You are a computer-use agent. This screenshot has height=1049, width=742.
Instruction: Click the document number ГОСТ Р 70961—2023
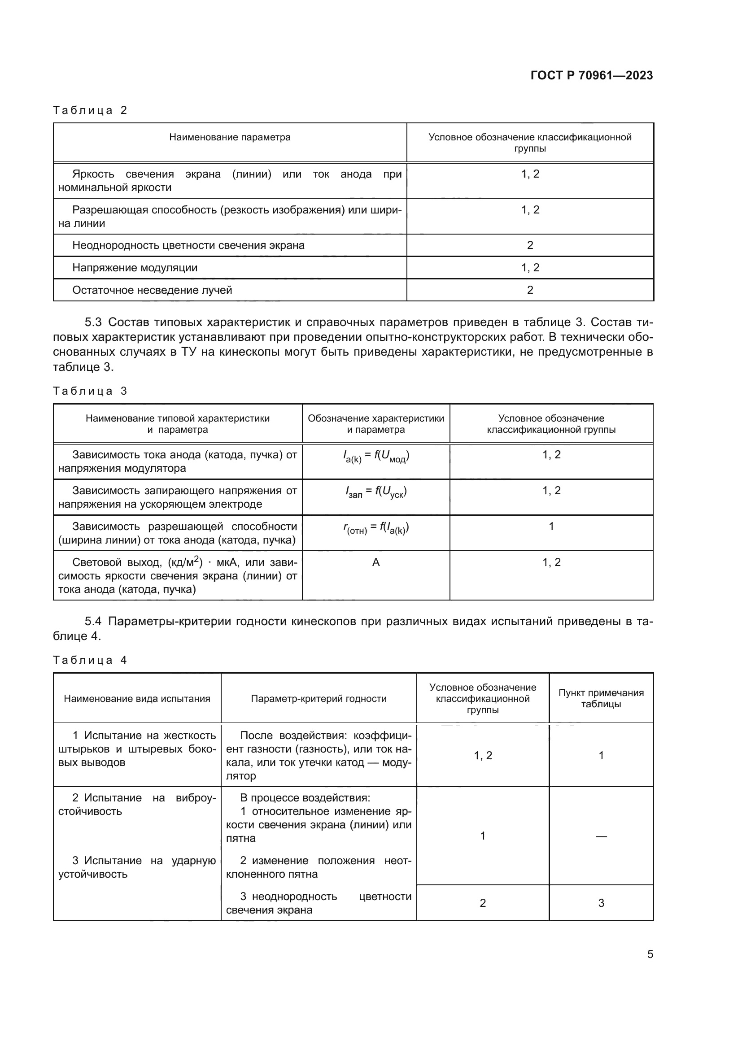point(591,75)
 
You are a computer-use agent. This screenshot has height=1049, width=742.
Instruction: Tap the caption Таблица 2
point(90,110)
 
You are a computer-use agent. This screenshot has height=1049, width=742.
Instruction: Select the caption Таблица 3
point(90,391)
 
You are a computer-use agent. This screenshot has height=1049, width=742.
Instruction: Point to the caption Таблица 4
point(90,660)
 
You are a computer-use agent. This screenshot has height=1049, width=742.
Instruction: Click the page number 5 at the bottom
point(650,954)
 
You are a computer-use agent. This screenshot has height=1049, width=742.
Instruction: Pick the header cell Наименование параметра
point(229,137)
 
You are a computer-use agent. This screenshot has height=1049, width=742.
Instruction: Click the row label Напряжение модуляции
point(135,268)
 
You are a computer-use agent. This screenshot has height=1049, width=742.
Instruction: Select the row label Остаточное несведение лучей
point(152,290)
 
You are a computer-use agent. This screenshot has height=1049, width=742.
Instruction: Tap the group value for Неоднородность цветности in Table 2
point(530,245)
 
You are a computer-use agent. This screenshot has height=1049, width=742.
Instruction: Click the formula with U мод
point(375,456)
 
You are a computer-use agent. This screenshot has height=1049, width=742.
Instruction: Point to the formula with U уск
point(375,492)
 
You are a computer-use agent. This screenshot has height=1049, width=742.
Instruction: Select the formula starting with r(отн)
point(375,528)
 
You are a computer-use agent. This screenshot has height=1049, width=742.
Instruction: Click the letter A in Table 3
point(375,562)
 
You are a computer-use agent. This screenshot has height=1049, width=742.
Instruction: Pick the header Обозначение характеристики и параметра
point(375,423)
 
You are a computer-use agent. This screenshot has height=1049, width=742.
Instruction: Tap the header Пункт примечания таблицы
point(601,698)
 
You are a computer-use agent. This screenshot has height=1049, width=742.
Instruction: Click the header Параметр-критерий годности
point(319,699)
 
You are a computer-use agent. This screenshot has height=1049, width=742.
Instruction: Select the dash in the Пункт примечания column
point(601,836)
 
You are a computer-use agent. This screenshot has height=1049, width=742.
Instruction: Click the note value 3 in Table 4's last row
point(601,903)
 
